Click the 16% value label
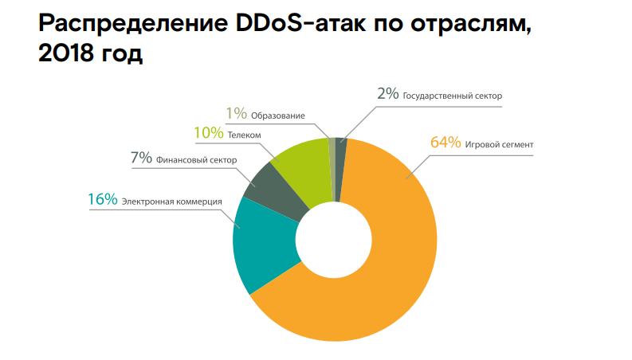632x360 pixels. pyautogui.click(x=102, y=199)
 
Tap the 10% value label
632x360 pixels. pyautogui.click(x=208, y=135)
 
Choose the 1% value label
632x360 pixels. pyautogui.click(x=236, y=114)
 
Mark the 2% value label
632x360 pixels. pyautogui.click(x=387, y=93)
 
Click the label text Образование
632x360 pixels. pyautogui.click(x=278, y=116)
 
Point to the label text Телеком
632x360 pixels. pyautogui.click(x=245, y=136)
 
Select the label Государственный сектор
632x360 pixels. pyautogui.click(x=453, y=96)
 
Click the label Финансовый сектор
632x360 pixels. pyautogui.click(x=196, y=160)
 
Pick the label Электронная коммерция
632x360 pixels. pyautogui.click(x=171, y=202)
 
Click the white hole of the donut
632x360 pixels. pyautogui.click(x=335, y=240)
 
